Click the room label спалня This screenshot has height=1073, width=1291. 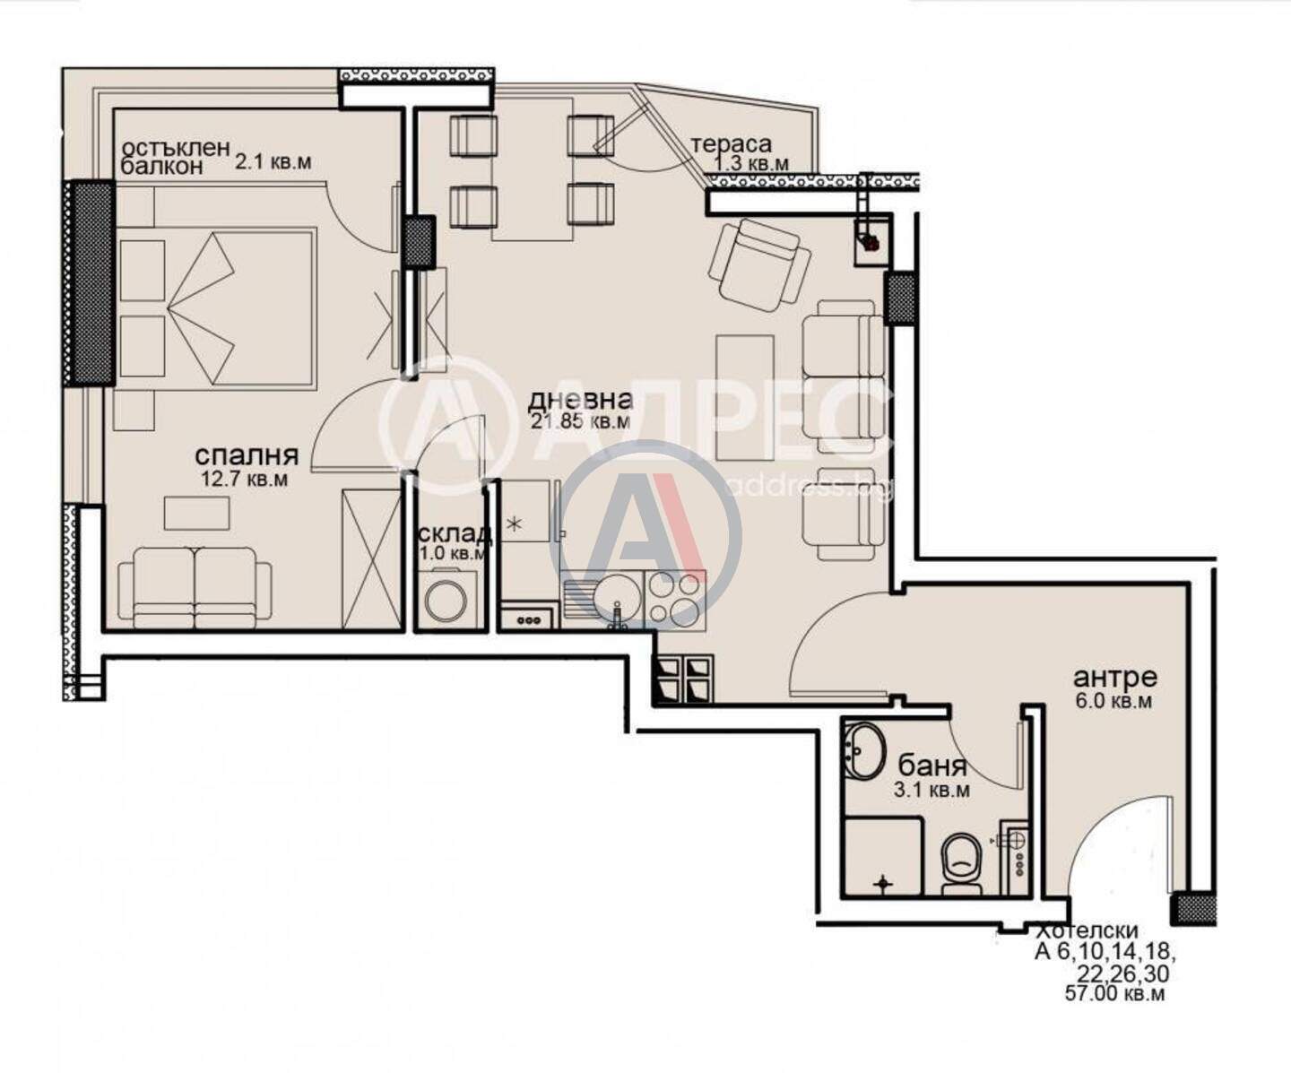247,456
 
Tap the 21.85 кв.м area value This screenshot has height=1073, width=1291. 581,422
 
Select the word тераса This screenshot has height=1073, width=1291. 732,144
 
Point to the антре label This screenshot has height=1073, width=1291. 1114,678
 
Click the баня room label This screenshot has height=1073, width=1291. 931,766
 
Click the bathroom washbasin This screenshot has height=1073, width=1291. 866,751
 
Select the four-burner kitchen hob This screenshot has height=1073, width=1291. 675,597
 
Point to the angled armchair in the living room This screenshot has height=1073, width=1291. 759,264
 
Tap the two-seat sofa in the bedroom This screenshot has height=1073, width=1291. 195,588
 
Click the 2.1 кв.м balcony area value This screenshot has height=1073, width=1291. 272,162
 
